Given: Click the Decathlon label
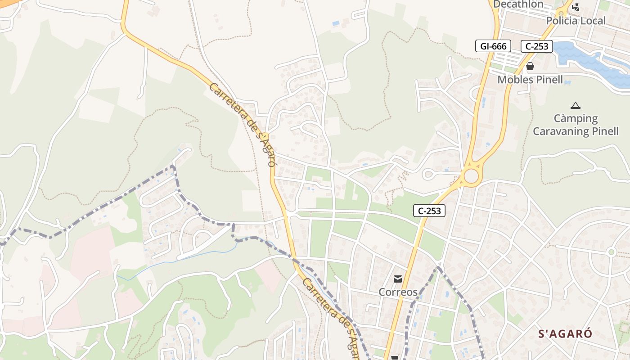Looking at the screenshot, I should tap(518, 4).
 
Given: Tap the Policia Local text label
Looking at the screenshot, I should tap(576, 21).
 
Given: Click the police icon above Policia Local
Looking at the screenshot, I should tap(576, 7).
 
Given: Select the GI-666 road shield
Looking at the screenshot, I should tap(493, 46).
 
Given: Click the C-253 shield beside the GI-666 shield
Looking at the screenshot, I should tap(536, 46).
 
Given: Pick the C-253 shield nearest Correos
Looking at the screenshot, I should tap(429, 210).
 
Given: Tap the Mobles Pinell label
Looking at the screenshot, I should tap(530, 80).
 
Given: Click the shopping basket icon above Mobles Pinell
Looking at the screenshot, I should tap(530, 66).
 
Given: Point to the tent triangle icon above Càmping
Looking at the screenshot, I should tap(575, 106).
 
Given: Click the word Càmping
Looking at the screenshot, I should tap(576, 119).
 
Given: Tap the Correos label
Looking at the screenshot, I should tap(398, 292).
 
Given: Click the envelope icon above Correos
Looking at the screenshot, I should tap(398, 279).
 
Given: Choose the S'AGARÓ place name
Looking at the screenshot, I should tap(565, 334).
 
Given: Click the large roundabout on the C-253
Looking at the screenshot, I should tap(471, 176).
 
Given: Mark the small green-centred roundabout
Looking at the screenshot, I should tap(611, 252).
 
